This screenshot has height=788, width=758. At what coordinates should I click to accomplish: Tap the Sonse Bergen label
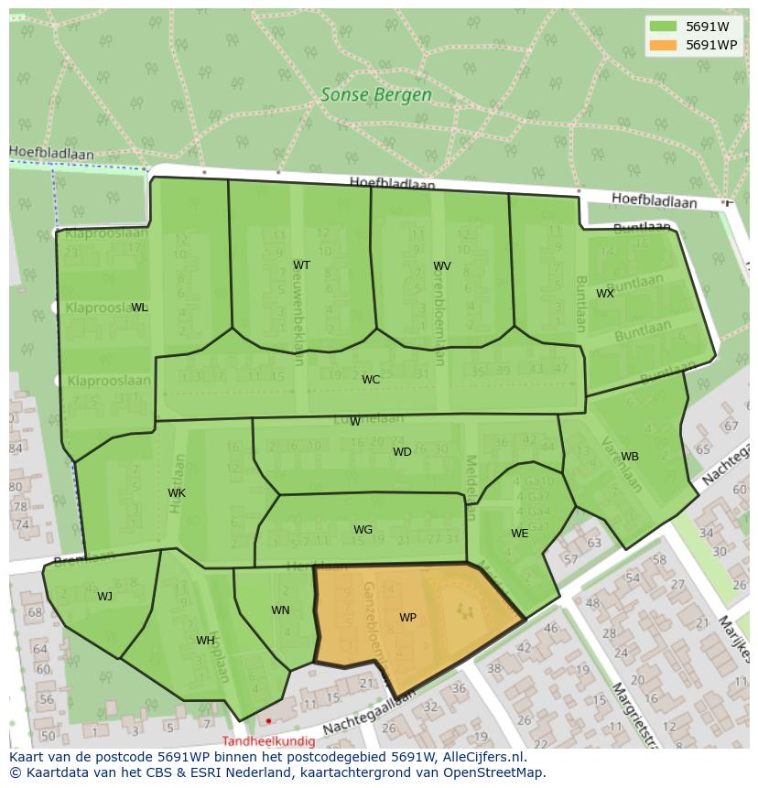376,94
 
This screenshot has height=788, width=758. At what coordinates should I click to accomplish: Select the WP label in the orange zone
407,618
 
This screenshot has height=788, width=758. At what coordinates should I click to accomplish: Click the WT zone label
301,265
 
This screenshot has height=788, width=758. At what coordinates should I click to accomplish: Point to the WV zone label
442,266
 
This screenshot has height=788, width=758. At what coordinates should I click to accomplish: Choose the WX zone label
605,294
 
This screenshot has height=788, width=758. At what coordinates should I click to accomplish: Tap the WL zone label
139,308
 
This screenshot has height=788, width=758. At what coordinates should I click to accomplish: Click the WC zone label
371,380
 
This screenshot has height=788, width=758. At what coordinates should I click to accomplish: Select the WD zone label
402,452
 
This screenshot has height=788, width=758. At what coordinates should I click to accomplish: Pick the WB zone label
630,457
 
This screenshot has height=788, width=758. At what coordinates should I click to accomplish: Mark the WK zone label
177,493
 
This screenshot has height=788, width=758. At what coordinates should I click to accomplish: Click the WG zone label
363,530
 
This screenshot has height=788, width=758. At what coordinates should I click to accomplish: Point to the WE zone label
519,534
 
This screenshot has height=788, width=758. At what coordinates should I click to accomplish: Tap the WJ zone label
105,597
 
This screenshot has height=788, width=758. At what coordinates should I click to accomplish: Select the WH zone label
205,641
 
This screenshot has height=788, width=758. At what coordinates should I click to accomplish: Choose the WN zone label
280,610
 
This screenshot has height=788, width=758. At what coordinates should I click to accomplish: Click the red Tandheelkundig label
268,741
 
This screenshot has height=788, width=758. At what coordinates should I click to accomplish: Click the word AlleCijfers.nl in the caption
481,758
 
